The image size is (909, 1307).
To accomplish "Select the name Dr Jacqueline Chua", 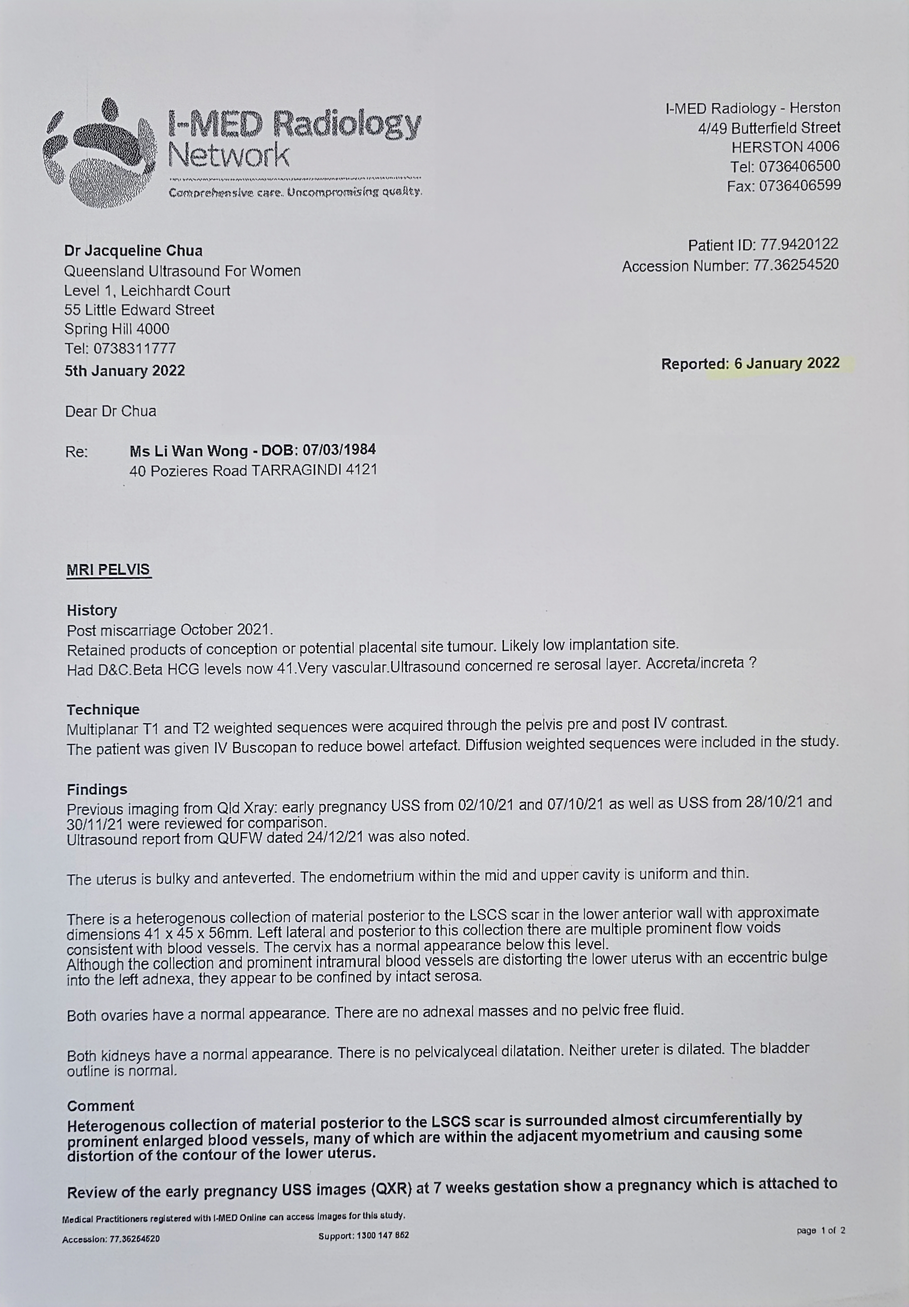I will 133,251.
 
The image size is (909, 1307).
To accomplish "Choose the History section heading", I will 92,610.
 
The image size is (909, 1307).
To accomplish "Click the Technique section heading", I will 103,709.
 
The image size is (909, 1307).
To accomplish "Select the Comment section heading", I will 100,1106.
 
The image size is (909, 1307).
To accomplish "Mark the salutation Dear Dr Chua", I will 111,411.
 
